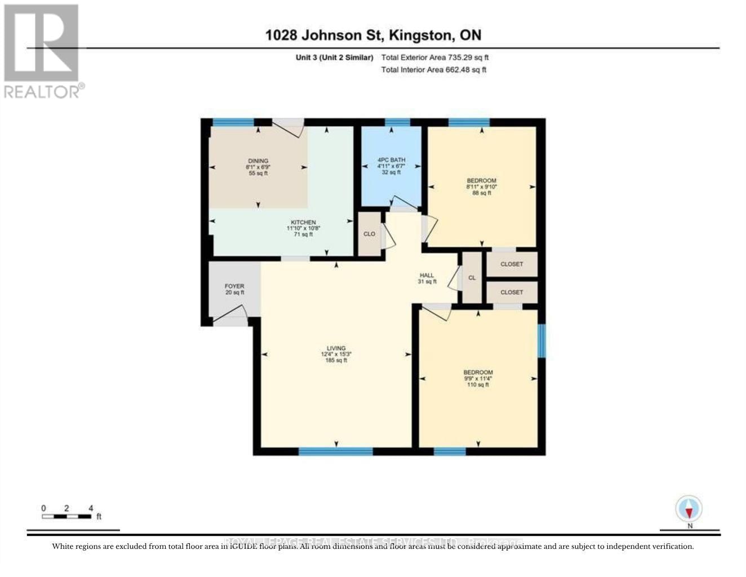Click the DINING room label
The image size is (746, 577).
pyautogui.click(x=258, y=161)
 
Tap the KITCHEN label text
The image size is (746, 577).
pyautogui.click(x=303, y=222)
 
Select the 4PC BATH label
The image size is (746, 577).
pyautogui.click(x=391, y=160)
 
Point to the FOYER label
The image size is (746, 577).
pyautogui.click(x=234, y=286)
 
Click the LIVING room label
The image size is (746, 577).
pyautogui.click(x=336, y=348)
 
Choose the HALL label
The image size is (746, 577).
pyautogui.click(x=427, y=276)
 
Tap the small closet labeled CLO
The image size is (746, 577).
pyautogui.click(x=369, y=234)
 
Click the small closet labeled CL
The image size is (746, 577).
pyautogui.click(x=472, y=278)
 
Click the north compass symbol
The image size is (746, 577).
pyautogui.click(x=689, y=510)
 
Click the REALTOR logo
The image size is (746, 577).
pyautogui.click(x=42, y=51)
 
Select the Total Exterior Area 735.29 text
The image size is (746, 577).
pyautogui.click(x=434, y=57)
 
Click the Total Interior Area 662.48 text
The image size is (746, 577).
pyautogui.click(x=433, y=70)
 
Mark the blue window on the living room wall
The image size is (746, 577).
pyautogui.click(x=336, y=451)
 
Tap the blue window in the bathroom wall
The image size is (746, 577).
pyautogui.click(x=397, y=122)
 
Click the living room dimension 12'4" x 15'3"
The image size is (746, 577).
pyautogui.click(x=336, y=354)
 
